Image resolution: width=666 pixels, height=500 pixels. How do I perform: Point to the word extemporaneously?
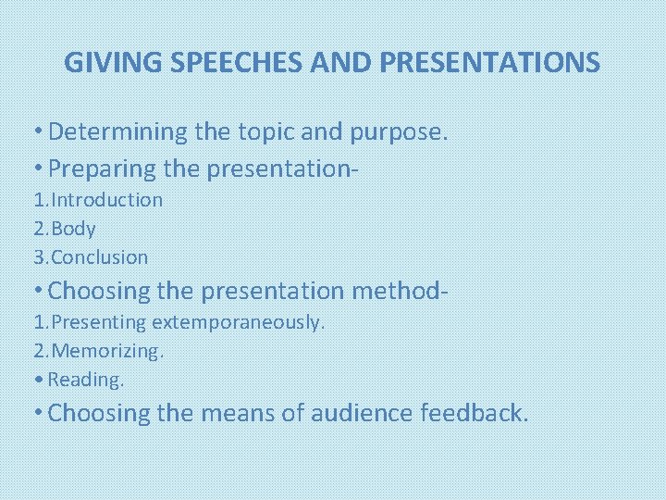(238, 322)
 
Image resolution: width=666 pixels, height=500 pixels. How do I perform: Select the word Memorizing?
(106, 351)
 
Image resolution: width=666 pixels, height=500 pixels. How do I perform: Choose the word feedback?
(475, 413)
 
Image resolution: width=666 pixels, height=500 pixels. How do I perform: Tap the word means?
(231, 414)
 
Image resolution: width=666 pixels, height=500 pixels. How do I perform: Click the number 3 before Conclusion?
(37, 257)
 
